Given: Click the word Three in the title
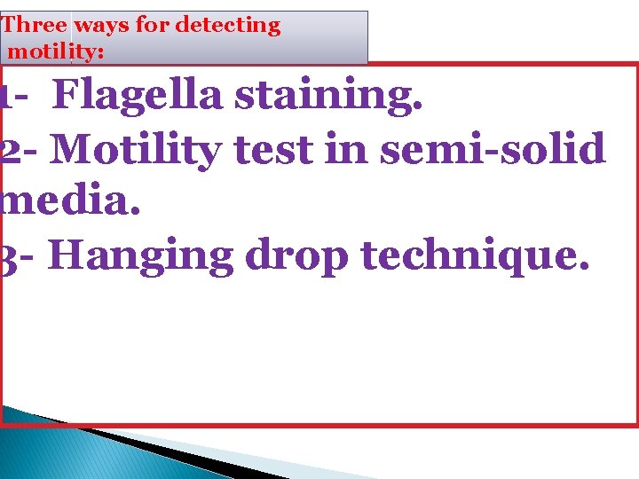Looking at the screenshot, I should pyautogui.click(x=35, y=26).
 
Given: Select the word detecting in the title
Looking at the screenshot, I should pyautogui.click(x=228, y=26).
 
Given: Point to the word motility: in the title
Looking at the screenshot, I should pyautogui.click(x=56, y=51).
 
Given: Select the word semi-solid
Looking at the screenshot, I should pyautogui.click(x=493, y=149).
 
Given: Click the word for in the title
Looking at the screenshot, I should pyautogui.click(x=153, y=26).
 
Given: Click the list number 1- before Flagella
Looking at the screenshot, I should pyautogui.click(x=14, y=96).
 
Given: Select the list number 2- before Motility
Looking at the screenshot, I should pyautogui.click(x=20, y=149).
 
